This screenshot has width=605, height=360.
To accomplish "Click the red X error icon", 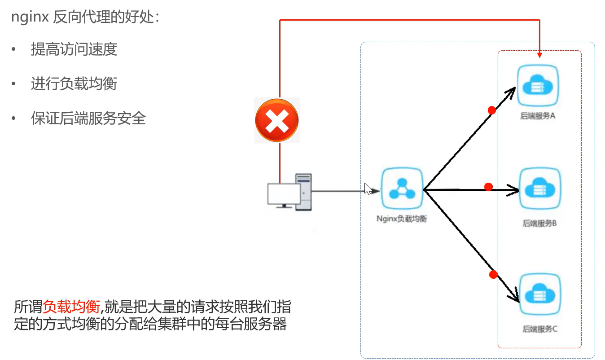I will pos(277,121).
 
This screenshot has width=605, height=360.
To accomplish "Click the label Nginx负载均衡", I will pos(401,220).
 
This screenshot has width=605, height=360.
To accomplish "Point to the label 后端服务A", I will pos(538,116).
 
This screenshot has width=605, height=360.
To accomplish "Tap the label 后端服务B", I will pos(539,223).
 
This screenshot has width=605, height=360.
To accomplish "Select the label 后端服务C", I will pos(540,329).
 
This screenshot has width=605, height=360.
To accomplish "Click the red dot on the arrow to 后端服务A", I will pos(492,110).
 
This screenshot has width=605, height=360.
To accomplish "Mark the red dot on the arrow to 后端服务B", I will pos(489,186).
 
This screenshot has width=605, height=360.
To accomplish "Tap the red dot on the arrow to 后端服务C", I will pos(494,274).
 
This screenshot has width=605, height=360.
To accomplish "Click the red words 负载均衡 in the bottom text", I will pos(71,307).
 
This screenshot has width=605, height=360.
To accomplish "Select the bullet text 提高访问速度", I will pos(74,49).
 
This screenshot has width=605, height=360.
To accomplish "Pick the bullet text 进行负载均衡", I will pos(74,84).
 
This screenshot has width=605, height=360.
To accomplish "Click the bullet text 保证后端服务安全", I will pos(88,119).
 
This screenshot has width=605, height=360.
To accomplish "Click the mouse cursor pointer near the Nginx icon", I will pos(368,188).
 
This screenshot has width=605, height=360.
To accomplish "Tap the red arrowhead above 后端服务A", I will pos(539,55).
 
